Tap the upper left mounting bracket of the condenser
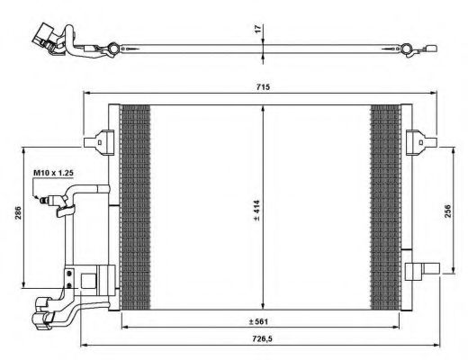(98, 140)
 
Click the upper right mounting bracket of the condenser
(418, 140)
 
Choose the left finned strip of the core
(134, 207)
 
